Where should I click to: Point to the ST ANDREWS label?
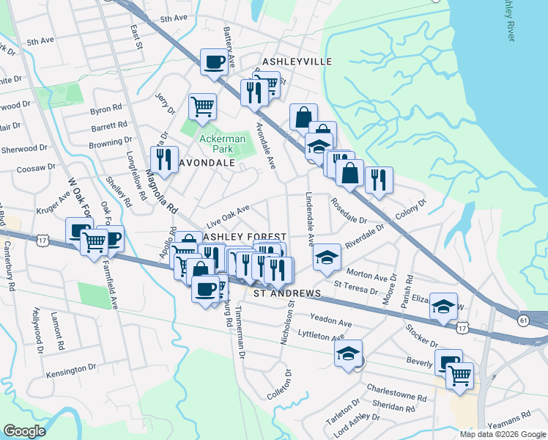287,293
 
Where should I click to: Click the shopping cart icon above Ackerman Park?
202,105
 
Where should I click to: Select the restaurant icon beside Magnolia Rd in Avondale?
164,159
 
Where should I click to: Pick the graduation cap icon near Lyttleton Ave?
349,353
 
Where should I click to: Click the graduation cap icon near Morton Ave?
327,257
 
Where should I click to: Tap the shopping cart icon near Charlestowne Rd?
459,375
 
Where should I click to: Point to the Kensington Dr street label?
71,373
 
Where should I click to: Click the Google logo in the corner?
25,431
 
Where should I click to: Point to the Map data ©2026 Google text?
502,434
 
